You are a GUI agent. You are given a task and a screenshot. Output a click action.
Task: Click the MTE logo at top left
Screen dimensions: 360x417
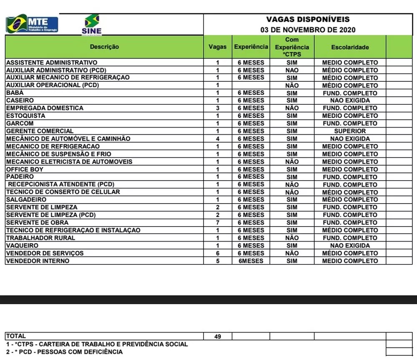click(x=32, y=24)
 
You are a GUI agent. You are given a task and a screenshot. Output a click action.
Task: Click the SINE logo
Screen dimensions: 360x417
click(x=92, y=24)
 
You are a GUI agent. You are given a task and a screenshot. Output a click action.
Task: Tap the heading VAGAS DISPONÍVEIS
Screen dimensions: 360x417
click(x=308, y=19)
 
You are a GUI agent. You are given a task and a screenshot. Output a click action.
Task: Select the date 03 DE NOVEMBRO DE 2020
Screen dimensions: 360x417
click(x=308, y=30)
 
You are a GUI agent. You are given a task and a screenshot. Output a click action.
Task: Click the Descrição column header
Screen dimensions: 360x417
click(x=104, y=47)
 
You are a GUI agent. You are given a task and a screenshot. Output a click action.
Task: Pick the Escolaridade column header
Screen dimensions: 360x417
click(x=350, y=47)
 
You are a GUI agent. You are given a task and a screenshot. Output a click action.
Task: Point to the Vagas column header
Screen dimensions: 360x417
click(x=217, y=47)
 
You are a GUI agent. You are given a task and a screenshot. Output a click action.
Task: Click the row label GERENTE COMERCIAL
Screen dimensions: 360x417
click(x=40, y=131)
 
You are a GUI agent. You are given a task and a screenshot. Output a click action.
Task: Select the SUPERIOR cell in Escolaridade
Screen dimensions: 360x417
click(x=350, y=131)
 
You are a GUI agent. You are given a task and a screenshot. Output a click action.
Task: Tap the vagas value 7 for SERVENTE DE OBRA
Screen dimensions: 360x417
click(x=217, y=222)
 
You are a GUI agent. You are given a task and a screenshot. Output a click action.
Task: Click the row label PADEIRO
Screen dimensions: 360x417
click(x=20, y=176)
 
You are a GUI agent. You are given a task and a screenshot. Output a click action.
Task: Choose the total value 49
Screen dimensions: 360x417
click(x=217, y=336)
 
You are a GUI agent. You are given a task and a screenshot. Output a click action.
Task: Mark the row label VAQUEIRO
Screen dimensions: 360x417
click(x=22, y=245)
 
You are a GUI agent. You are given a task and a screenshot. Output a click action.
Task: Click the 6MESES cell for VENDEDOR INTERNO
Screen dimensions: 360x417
click(x=251, y=261)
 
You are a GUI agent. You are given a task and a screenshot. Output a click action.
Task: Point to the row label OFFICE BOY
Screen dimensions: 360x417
click(x=25, y=169)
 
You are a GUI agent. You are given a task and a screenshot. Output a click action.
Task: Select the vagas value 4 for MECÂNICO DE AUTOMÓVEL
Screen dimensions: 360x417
click(x=217, y=138)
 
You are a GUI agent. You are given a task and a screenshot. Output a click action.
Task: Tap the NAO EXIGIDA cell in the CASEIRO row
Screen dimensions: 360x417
click(x=350, y=101)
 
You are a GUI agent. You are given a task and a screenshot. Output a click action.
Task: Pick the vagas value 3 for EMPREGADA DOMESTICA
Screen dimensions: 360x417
click(x=217, y=108)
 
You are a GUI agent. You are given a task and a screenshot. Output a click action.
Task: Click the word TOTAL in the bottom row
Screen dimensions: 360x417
click(x=16, y=336)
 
